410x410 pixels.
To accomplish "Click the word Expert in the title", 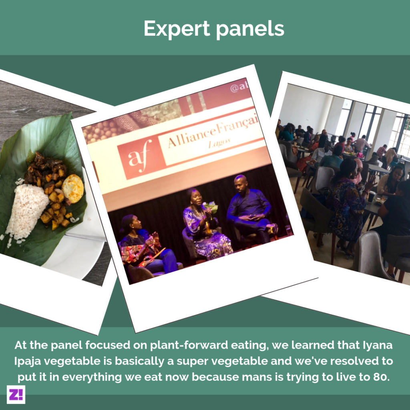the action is coord(177,29).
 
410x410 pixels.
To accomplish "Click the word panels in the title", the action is coord(250,28).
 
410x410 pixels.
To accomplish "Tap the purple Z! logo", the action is coord(16,394).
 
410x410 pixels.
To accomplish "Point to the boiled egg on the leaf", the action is coord(73,188).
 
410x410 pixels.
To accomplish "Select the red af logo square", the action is coord(141,157).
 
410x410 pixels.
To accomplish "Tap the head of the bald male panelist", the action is coord(240,183).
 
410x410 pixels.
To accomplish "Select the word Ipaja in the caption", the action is coord(27,362).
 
